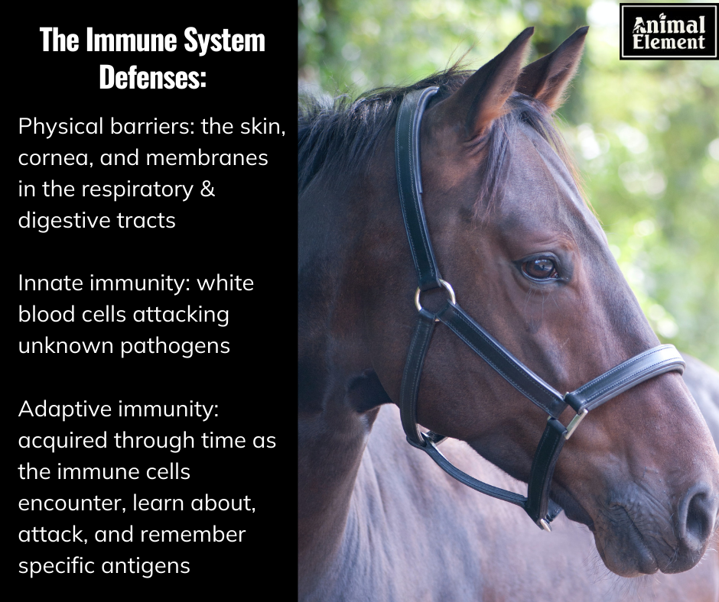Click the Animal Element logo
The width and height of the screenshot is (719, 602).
pos(668,31)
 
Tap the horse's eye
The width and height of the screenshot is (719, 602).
pos(540,268)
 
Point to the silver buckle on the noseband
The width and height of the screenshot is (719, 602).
pos(576,423)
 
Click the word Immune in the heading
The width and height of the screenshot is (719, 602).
pos(132,40)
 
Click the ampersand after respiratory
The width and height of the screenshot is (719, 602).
pos(208,189)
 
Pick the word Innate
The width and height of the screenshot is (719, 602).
pos(50,283)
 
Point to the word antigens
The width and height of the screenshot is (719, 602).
pos(146,566)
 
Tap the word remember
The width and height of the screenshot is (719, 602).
pos(193,534)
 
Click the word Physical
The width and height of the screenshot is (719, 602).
pos(60,127)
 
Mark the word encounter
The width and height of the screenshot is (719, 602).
pos(72,503)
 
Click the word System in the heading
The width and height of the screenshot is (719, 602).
pos(224,40)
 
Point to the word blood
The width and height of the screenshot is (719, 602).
pos(47,314)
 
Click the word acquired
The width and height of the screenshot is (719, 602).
pos(63,441)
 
